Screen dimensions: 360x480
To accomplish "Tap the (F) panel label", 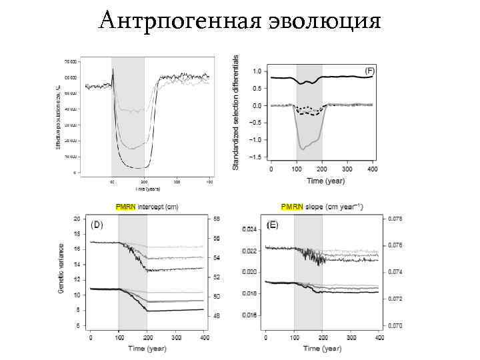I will click(x=369, y=70).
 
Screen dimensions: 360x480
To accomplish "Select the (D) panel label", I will click(x=97, y=225).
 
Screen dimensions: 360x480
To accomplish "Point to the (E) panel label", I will click(x=272, y=226).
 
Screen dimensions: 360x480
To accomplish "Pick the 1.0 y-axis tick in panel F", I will click(x=257, y=71).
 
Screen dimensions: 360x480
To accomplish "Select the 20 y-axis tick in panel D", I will click(x=77, y=219).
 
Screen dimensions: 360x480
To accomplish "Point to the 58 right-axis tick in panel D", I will click(x=217, y=219).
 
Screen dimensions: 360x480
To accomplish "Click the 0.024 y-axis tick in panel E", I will click(x=249, y=229).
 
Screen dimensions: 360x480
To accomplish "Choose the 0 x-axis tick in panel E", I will click(x=265, y=338).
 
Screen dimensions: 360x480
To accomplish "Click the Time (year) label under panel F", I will click(x=323, y=181).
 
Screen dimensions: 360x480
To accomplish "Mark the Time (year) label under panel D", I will click(x=147, y=349).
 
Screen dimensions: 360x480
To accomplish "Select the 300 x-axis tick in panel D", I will click(x=175, y=338).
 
